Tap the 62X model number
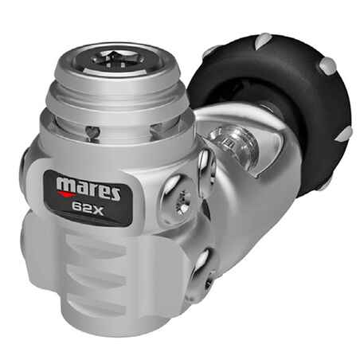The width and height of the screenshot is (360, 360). point(88,207)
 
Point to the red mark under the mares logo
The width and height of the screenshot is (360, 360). point(66,193)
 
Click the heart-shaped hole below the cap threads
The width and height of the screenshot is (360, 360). point(92,132)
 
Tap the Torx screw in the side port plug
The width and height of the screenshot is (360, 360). point(183,202)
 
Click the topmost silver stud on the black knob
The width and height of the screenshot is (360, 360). point(262,41)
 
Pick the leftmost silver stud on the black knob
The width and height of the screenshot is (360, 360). point(209,51)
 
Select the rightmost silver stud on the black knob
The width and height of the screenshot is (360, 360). point(344,133)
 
